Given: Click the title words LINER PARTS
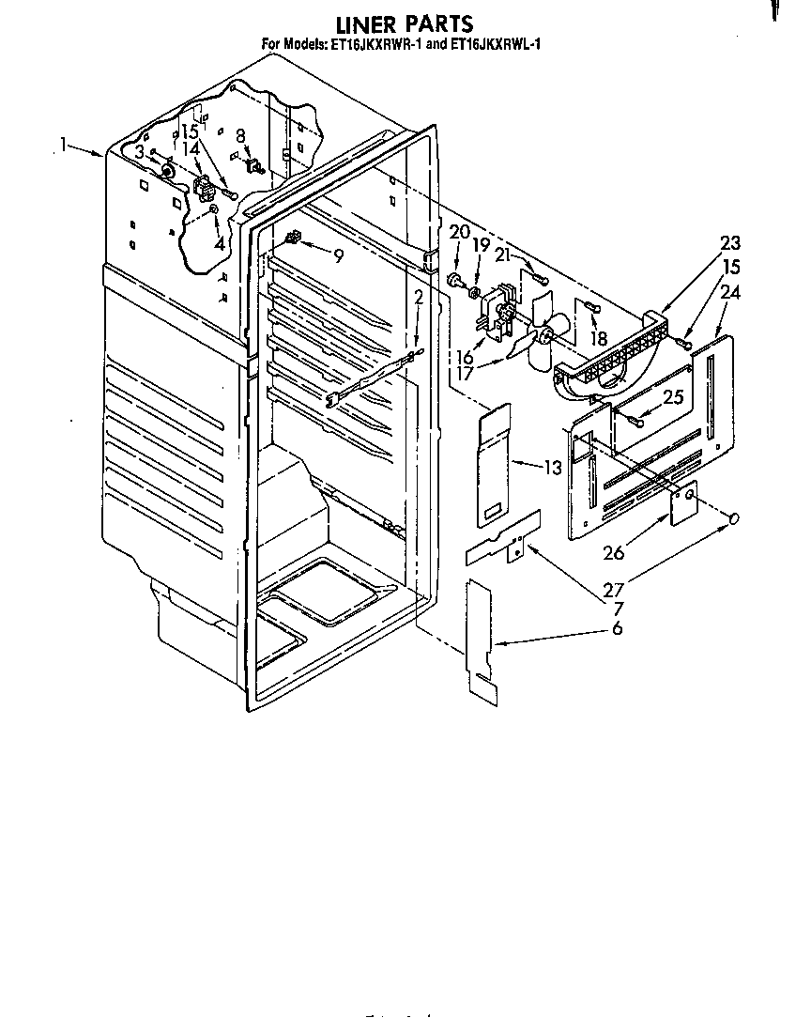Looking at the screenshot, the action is tap(405, 24).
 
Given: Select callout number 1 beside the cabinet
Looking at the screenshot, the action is tap(63, 145).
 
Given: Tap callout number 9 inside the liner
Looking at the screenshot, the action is tap(338, 256).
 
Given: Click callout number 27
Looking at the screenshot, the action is tap(614, 589).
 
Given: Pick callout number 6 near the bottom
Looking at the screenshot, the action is tap(618, 628).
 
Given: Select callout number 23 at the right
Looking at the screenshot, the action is tap(730, 243).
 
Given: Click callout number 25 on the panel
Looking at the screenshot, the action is tap(673, 396).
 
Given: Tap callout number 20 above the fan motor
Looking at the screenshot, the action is tap(460, 231).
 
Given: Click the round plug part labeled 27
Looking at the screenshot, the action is tap(732, 519).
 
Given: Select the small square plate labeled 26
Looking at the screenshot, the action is tap(684, 502).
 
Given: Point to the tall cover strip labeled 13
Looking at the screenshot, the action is tap(495, 467).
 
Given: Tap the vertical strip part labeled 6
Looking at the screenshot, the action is tap(482, 641).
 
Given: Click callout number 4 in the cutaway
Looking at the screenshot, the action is tap(220, 244).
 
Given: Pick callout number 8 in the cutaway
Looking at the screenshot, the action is tap(241, 136).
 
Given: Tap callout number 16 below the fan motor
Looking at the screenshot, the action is tap(465, 357).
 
